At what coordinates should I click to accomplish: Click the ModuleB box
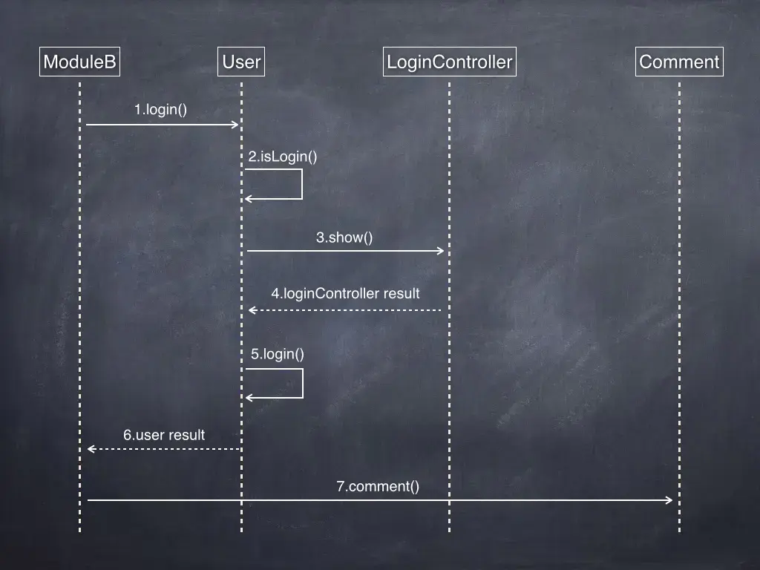click(x=79, y=62)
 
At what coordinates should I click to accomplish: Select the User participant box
click(x=241, y=62)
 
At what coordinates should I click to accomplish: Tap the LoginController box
click(x=450, y=62)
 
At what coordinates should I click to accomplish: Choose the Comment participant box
click(x=679, y=62)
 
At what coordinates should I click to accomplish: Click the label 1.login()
click(x=160, y=110)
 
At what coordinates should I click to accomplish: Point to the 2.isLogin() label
click(x=283, y=157)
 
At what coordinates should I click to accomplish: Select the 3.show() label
click(x=344, y=237)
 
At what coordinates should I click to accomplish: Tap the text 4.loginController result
click(x=345, y=293)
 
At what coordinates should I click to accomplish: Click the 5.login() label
click(x=278, y=354)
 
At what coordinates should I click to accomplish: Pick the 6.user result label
click(x=164, y=435)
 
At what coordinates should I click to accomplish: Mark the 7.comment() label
click(x=378, y=487)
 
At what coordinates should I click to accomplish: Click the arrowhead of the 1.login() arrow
click(x=235, y=125)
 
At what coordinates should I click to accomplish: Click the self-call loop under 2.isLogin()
click(x=301, y=184)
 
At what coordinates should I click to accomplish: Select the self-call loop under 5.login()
click(x=302, y=383)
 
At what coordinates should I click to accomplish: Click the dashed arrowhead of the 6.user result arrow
click(x=91, y=448)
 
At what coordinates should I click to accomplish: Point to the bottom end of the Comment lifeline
click(x=679, y=530)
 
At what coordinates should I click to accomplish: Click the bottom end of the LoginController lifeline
click(x=449, y=530)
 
